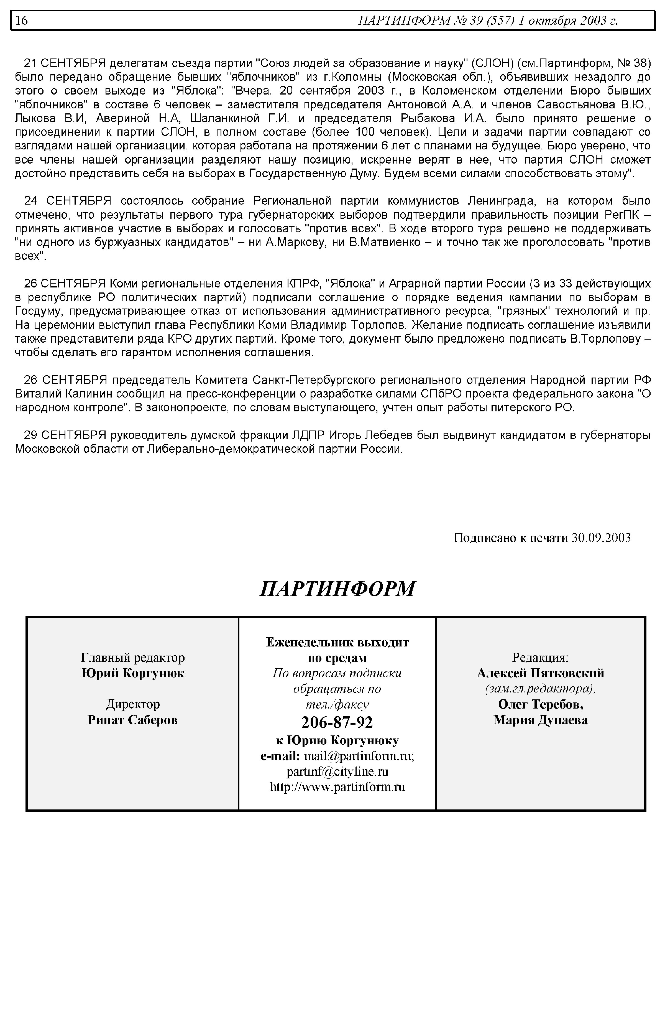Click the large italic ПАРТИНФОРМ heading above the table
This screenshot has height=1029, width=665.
pos(338,588)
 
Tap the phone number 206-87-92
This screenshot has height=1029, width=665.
pos(337,722)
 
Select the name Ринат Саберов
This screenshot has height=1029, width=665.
pos(132,720)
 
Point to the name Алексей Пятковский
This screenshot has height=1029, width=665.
pos(540,673)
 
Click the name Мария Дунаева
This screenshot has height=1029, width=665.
pos(540,720)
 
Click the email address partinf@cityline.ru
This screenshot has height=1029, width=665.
pos(337,771)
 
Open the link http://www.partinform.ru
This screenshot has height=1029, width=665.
pos(337,787)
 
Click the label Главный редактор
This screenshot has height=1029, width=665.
pos(132,658)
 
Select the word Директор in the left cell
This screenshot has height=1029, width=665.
pos(132,704)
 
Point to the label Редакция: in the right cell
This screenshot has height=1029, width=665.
pos(540,658)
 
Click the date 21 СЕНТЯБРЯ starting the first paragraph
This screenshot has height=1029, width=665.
pos(65,63)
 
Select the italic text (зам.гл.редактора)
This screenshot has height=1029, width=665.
pos(540,689)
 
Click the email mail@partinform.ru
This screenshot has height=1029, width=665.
pos(359,756)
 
